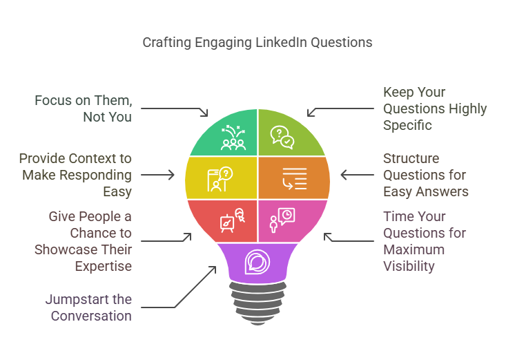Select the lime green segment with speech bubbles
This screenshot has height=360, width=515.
pos(283,135)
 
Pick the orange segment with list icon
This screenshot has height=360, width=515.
pos(293,176)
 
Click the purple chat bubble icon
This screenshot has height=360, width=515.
pos(257,262)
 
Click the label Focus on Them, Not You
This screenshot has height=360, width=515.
pos(84,108)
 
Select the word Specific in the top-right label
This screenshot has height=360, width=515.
pos(408,125)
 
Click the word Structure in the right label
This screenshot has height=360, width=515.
pos(411,158)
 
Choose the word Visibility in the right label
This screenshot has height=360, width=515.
pos(414,266)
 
